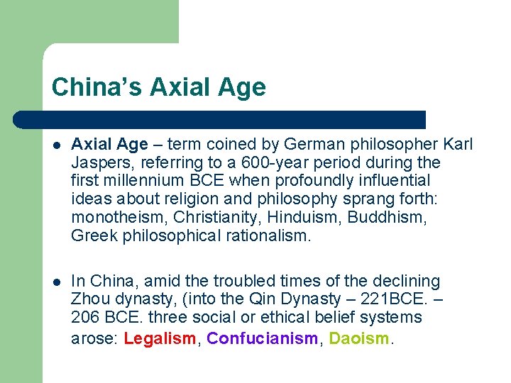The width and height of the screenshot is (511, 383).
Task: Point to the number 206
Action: click(84, 318)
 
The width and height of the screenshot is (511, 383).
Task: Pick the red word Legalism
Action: click(159, 338)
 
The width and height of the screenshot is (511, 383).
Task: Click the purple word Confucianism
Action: click(263, 338)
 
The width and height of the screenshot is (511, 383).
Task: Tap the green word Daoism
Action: click(359, 338)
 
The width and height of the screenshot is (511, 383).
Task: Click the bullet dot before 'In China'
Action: click(57, 282)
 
